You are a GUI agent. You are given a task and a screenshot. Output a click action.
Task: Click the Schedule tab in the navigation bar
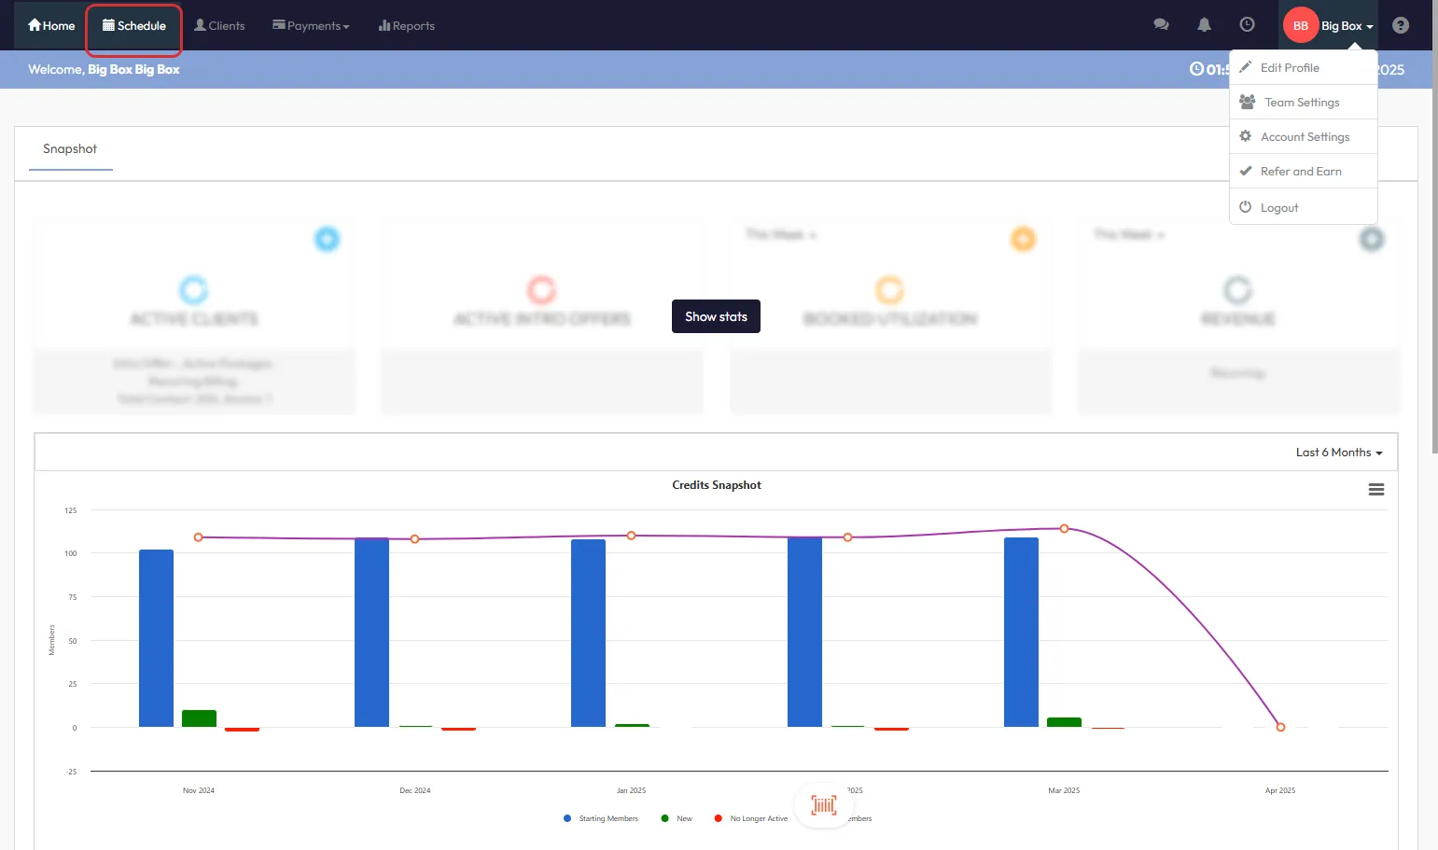pos(134,26)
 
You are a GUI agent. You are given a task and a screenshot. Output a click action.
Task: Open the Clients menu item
pos(219,26)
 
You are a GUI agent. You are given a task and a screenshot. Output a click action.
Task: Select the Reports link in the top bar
pos(407,26)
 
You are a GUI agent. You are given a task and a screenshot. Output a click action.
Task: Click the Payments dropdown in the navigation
pos(311,26)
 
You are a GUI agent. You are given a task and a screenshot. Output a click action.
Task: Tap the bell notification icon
pos(1204,25)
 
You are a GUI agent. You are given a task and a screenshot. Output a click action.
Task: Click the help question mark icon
pos(1400,25)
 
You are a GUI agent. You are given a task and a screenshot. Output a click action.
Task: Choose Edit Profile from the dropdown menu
pos(1290,68)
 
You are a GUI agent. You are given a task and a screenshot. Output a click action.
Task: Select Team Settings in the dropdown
pos(1302,103)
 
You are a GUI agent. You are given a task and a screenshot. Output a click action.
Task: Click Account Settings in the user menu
pos(1305,137)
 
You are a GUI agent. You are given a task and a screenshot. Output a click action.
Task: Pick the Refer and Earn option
pos(1301,172)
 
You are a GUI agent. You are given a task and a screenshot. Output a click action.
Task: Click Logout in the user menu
pos(1278,208)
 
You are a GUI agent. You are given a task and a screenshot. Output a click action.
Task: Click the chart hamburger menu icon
pos(1375,490)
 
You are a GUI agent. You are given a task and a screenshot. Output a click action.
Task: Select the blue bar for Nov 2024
pos(156,638)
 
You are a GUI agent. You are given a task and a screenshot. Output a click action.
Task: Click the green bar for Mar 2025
pos(1064,722)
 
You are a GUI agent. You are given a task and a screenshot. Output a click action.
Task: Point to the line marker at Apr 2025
pos(1280,727)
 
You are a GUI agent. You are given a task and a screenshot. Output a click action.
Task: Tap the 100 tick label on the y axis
pos(71,553)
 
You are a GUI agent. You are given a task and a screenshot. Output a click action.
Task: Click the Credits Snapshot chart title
pos(716,485)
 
